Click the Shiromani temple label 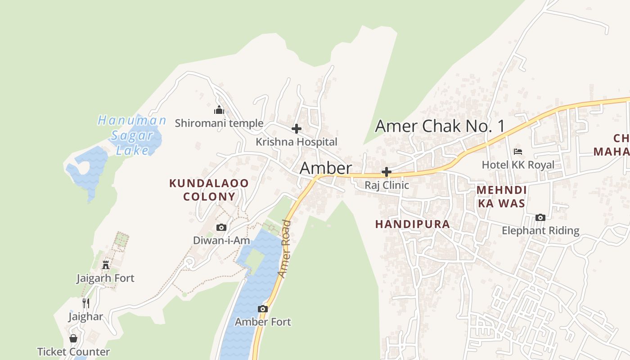(219, 123)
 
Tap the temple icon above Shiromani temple (219, 110)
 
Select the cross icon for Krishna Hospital (296, 129)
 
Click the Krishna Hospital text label (296, 142)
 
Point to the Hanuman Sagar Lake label (132, 135)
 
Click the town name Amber (325, 168)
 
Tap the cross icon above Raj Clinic (386, 172)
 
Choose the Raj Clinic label (387, 185)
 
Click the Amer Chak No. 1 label (440, 126)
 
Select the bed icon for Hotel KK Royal (518, 152)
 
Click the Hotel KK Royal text (518, 165)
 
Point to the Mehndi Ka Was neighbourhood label (501, 197)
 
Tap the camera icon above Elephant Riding (540, 218)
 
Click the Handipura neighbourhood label (412, 224)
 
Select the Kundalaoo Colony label (209, 190)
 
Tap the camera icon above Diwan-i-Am (221, 227)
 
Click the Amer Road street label (284, 248)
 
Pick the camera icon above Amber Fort (263, 309)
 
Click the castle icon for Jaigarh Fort (106, 265)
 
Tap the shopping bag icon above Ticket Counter (73, 338)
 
